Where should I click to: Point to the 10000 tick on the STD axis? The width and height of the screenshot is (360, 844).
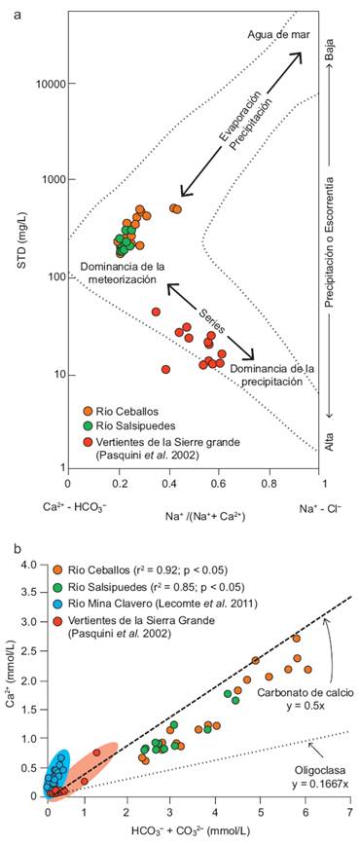pos(50,84)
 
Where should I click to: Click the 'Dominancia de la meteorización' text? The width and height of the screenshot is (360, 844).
pos(118,272)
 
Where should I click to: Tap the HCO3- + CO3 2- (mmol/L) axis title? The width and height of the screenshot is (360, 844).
pos(195,827)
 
